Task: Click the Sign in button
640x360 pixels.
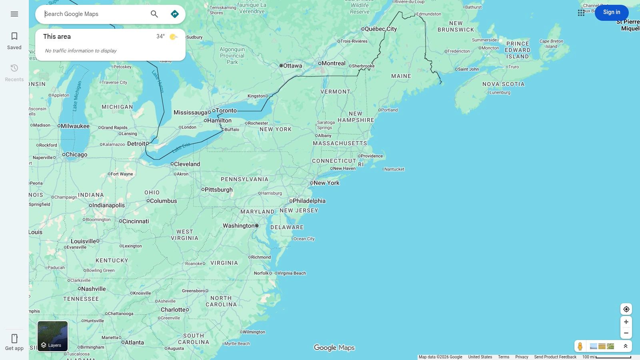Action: click(x=611, y=12)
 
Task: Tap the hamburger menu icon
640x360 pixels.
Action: click(x=14, y=14)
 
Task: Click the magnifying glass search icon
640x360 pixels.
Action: click(x=154, y=14)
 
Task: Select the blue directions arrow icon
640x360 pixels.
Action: click(x=175, y=14)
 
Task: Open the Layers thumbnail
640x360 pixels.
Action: click(x=53, y=336)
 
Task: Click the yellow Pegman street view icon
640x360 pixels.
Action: click(x=580, y=346)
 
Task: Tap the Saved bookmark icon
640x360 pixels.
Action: click(x=14, y=36)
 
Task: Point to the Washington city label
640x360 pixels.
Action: click(x=239, y=226)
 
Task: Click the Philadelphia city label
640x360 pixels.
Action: click(x=309, y=201)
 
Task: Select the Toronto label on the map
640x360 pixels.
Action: click(x=226, y=110)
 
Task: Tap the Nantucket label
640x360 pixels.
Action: click(x=394, y=169)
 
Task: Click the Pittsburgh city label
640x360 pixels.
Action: click(x=218, y=190)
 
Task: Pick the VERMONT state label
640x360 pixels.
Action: click(x=335, y=92)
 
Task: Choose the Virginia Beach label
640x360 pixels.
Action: click(x=292, y=273)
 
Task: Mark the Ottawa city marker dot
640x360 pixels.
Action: click(x=281, y=66)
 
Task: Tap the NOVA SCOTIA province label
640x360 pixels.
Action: click(x=503, y=84)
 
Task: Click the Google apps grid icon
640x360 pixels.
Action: click(x=581, y=13)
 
